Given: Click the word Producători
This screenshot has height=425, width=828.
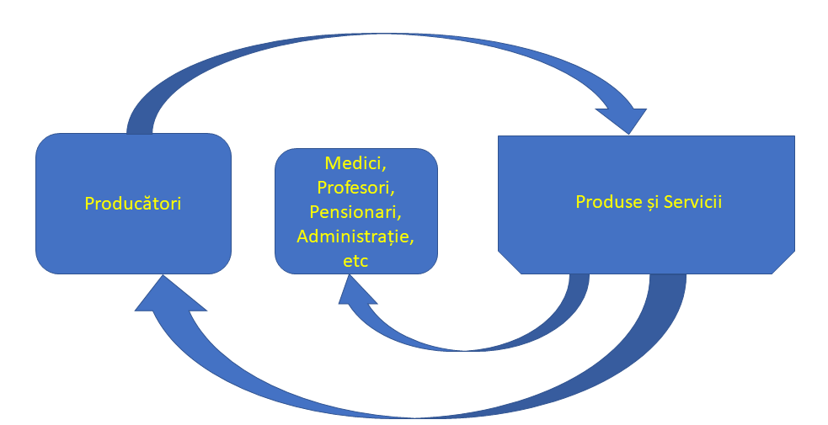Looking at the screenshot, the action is pyautogui.click(x=133, y=204).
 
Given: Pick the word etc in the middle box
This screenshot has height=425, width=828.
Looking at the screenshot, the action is pyautogui.click(x=355, y=261).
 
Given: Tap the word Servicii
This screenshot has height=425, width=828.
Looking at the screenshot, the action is pyautogui.click(x=692, y=202).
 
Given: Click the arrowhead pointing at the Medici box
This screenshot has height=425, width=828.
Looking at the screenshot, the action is pyautogui.click(x=355, y=291).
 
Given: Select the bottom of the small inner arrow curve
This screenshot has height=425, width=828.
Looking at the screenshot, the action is pyautogui.click(x=465, y=351).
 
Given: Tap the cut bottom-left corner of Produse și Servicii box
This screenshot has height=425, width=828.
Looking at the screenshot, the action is pyautogui.click(x=510, y=263).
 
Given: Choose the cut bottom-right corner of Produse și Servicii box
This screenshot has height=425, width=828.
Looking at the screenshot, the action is pyautogui.click(x=783, y=263).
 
